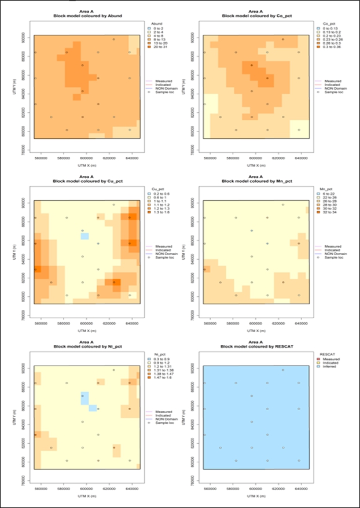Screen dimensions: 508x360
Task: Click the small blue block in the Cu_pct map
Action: tap(85, 236)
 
